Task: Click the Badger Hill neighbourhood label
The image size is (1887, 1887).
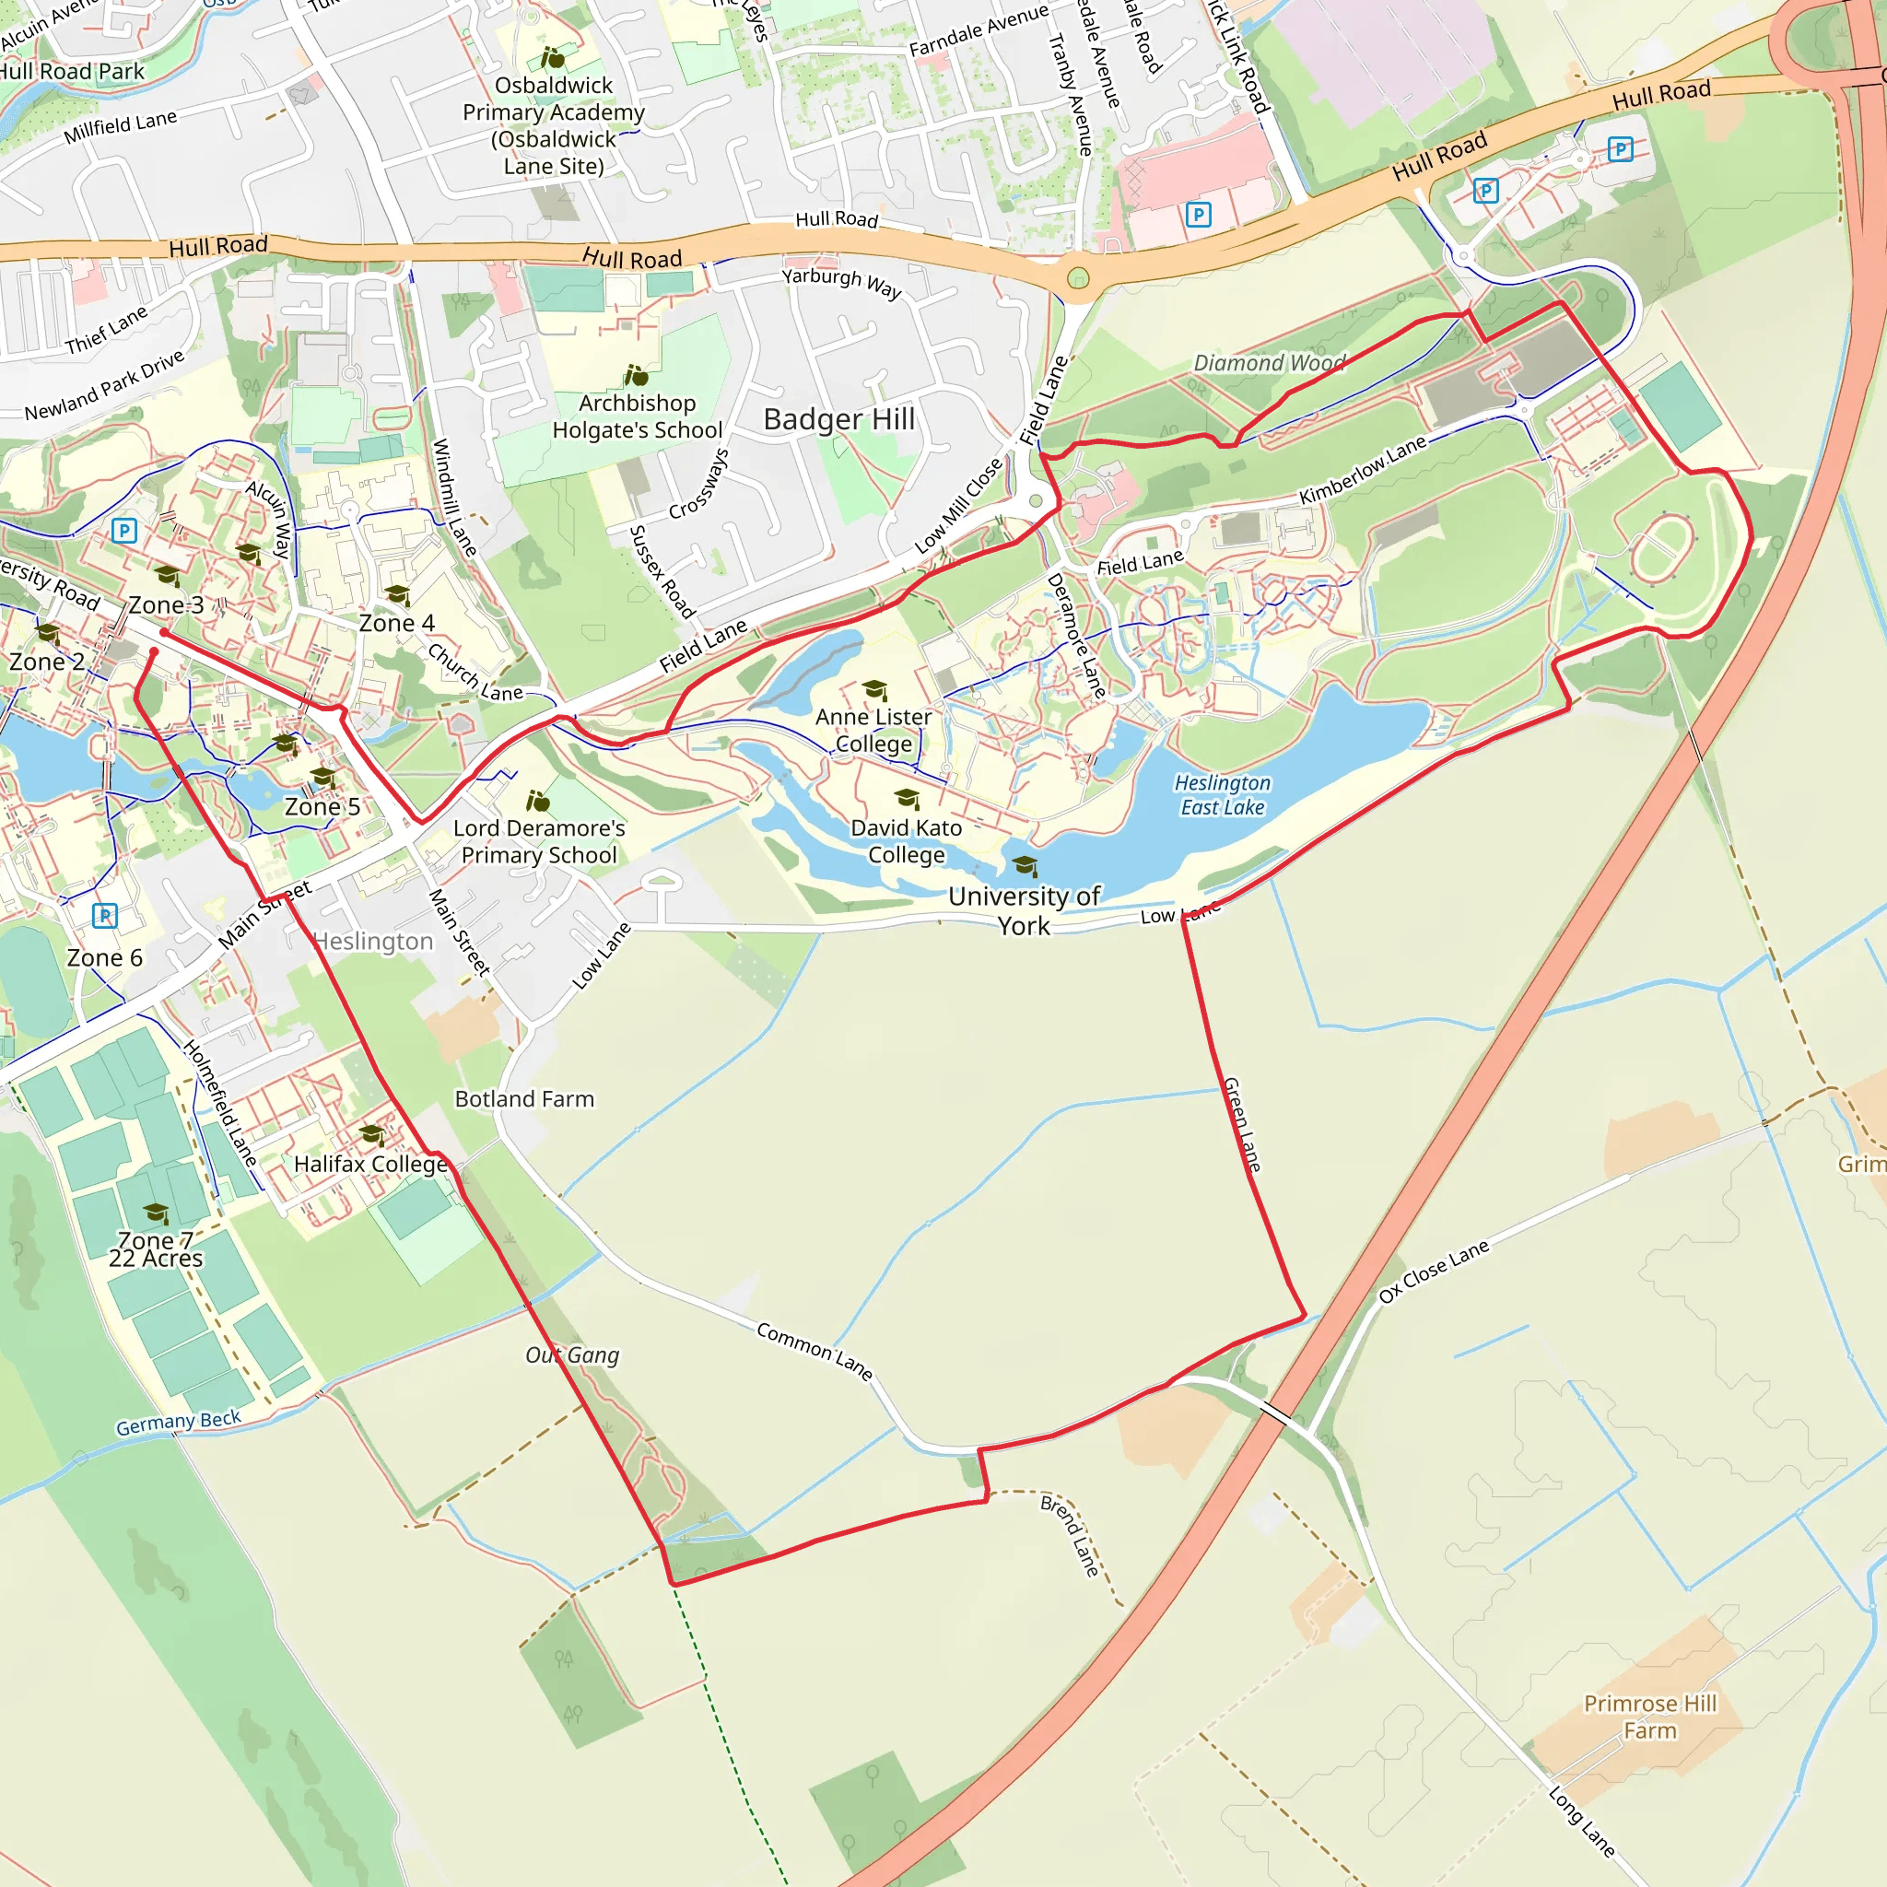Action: (839, 419)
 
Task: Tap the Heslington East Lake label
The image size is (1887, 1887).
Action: (1222, 795)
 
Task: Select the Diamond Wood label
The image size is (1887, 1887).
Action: (1269, 363)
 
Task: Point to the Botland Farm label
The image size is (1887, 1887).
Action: (524, 1099)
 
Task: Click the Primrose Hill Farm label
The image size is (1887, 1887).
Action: (1649, 1716)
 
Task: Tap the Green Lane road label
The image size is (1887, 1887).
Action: (1242, 1123)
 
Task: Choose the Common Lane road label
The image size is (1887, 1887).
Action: (815, 1352)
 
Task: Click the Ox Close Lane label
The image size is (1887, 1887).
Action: (1433, 1271)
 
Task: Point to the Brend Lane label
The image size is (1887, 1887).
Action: (1070, 1535)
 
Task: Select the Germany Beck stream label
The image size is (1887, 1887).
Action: (178, 1422)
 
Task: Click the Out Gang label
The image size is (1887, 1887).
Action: (572, 1354)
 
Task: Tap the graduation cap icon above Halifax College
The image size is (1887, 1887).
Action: (371, 1135)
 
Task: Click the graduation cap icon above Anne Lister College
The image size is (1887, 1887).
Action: (875, 690)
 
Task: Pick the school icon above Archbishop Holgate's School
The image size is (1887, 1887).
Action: (636, 375)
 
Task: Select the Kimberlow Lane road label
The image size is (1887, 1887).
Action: (1363, 471)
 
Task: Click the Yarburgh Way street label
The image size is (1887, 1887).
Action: (841, 282)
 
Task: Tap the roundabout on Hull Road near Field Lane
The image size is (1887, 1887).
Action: (1077, 278)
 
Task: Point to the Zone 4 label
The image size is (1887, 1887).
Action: (396, 623)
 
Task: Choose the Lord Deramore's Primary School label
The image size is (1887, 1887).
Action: (539, 841)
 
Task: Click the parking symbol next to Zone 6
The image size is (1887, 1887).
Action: (104, 915)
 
